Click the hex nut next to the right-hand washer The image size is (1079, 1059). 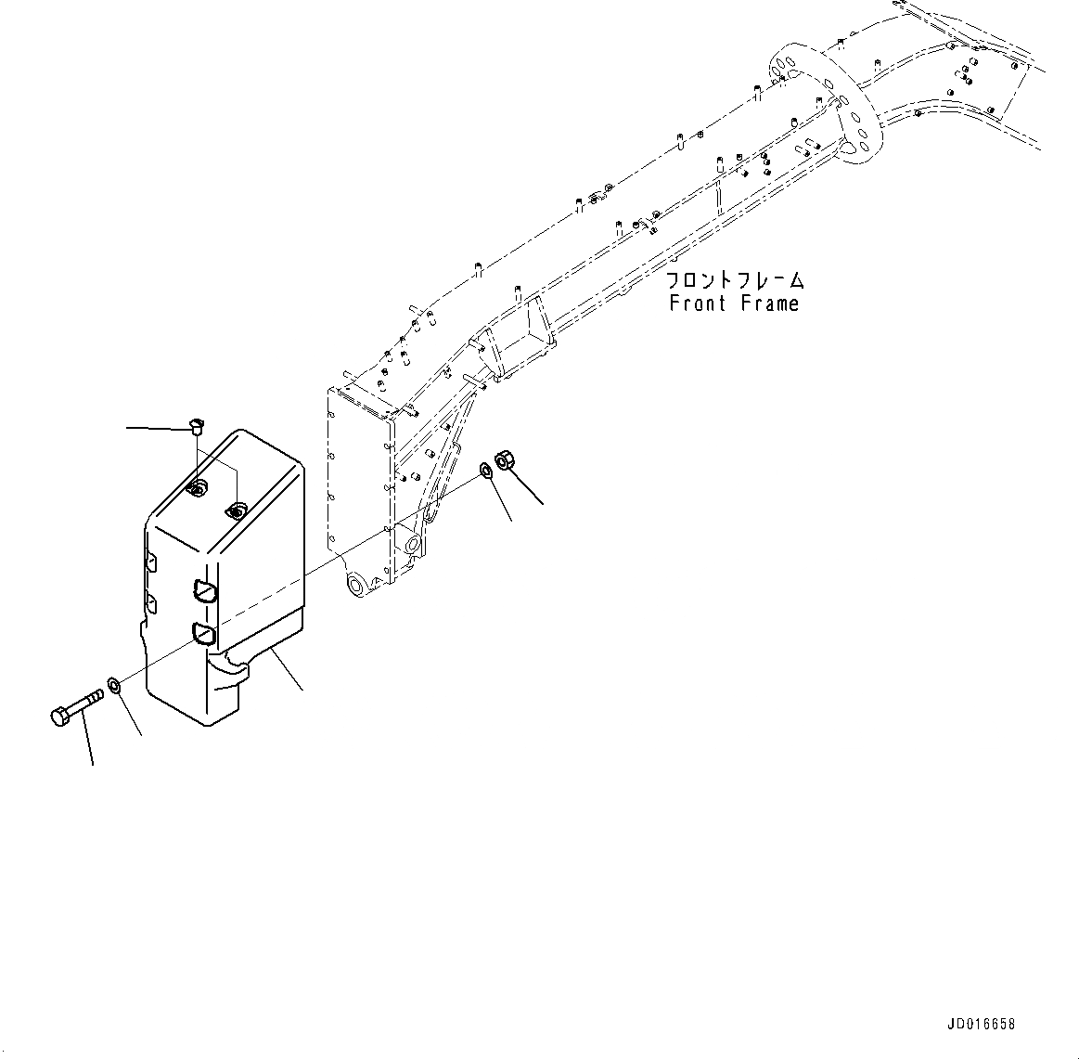[x=506, y=459]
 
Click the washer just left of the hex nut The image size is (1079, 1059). [x=486, y=471]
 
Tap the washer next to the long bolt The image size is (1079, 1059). [x=114, y=686]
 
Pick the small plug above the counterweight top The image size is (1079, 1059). [x=196, y=426]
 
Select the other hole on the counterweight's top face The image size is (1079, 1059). [x=236, y=510]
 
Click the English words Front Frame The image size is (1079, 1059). [x=733, y=303]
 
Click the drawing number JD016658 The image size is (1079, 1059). [x=982, y=1025]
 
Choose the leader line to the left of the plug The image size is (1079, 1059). [x=156, y=428]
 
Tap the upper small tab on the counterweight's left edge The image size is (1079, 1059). [x=151, y=562]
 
